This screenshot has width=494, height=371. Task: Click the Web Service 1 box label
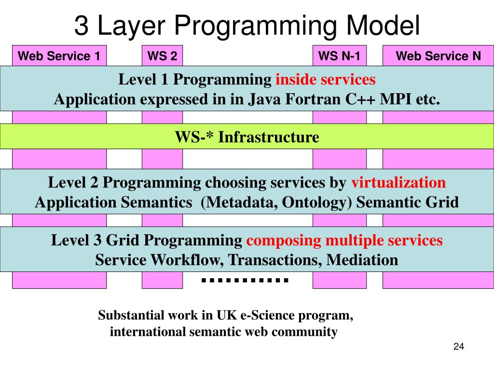59,57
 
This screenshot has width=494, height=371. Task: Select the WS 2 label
162,57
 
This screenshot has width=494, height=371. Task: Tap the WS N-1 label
339,57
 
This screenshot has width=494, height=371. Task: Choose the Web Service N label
438,57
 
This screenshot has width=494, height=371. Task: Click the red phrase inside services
325,79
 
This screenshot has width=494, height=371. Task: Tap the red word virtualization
398,183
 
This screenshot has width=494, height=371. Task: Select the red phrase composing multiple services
344,240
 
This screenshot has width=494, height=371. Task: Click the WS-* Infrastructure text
247,137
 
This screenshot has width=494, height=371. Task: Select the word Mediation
362,260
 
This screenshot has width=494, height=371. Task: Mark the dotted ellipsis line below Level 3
245,280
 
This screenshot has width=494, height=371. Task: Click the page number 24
458,347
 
